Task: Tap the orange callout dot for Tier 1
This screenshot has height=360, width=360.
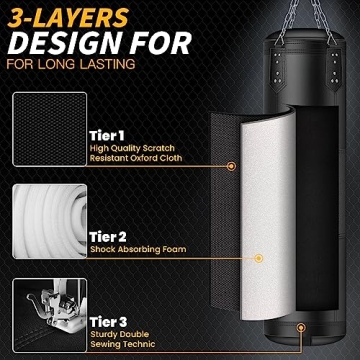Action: pos(231,165)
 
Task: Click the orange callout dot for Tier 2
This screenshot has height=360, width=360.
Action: pos(258,258)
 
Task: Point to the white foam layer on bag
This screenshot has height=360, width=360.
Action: pos(241,200)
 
